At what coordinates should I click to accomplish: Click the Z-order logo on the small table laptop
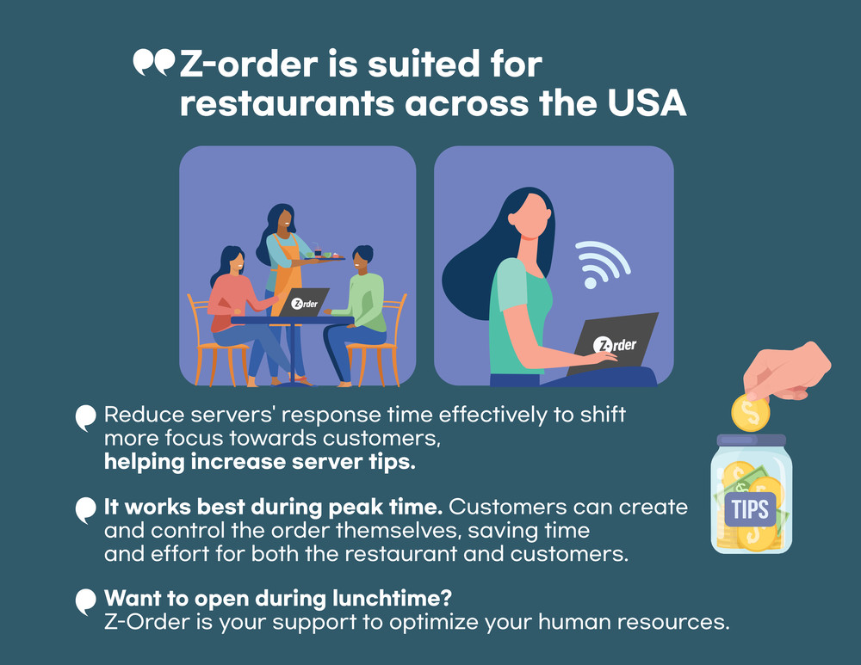tap(304, 304)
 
